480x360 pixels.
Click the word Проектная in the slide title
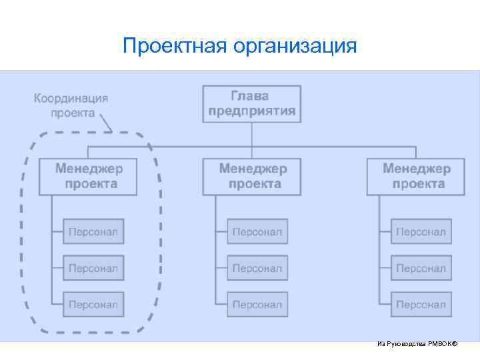[175, 46]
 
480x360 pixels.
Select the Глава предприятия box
[251, 103]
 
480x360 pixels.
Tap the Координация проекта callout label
[71, 105]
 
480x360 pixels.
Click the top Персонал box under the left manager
[93, 232]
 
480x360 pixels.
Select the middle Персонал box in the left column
[93, 268]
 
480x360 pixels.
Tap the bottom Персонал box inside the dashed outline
[93, 304]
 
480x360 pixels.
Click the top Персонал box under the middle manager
[257, 232]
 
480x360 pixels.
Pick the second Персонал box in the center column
[257, 268]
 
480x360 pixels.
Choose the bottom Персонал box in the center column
[257, 304]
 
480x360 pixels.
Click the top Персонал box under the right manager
[421, 232]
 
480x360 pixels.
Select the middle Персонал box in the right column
[421, 268]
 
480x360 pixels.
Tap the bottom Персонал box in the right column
[421, 304]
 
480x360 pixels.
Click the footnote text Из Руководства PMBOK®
[417, 344]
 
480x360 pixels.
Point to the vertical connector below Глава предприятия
[251, 133]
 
